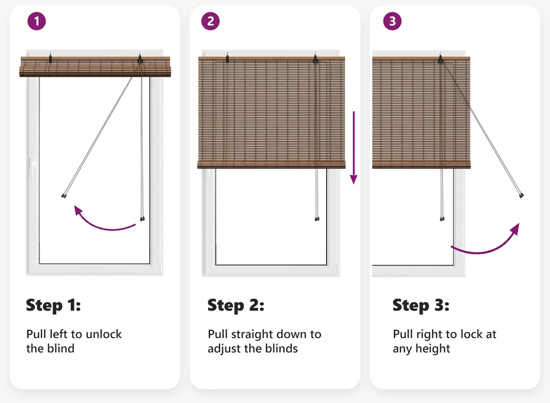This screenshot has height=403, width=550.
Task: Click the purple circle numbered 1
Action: click(37, 21)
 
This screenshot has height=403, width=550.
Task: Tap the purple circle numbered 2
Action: click(210, 21)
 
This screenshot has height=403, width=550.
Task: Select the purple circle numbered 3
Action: click(392, 21)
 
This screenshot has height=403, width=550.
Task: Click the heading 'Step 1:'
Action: click(54, 305)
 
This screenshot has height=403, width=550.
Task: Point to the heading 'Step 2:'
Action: click(236, 305)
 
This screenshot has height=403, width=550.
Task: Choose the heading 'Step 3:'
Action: click(421, 305)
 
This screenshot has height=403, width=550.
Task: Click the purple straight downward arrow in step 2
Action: click(354, 148)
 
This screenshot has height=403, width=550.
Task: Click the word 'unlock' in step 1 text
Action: click(103, 334)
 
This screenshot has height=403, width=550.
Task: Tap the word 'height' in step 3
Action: click(433, 349)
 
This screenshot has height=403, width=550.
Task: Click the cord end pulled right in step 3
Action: click(521, 195)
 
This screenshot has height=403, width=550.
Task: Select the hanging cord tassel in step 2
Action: click(317, 219)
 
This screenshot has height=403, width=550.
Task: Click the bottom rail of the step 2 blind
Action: click(271, 165)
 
